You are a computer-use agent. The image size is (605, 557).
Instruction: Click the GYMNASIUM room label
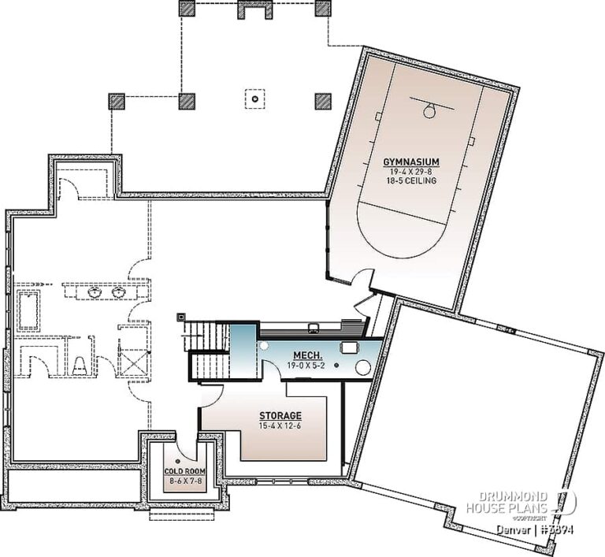pyautogui.click(x=410, y=162)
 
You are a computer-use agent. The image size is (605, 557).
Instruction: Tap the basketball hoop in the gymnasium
pyautogui.click(x=429, y=110)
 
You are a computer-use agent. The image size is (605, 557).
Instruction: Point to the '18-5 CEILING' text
pyautogui.click(x=410, y=180)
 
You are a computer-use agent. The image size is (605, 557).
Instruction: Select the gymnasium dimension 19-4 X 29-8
pyautogui.click(x=410, y=171)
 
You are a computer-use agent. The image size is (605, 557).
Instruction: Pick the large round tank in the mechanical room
pyautogui.click(x=364, y=366)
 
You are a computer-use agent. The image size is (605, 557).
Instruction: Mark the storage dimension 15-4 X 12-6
pyautogui.click(x=280, y=425)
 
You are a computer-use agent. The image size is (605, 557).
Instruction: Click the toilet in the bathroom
pyautogui.click(x=80, y=364)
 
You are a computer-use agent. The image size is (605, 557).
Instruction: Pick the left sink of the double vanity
pyautogui.click(x=95, y=293)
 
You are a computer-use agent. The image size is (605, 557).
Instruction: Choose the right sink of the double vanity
pyautogui.click(x=120, y=293)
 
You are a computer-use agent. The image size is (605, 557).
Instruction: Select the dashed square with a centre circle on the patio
pyautogui.click(x=254, y=100)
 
